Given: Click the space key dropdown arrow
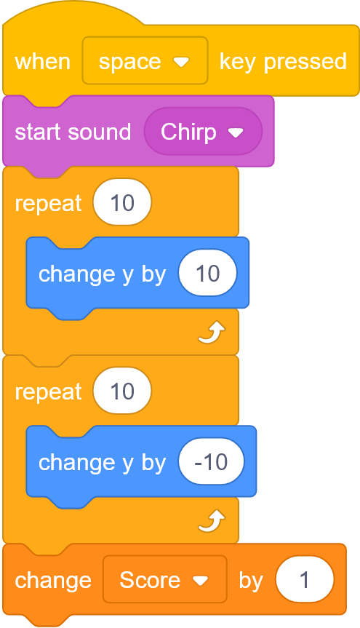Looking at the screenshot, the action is [x=181, y=62].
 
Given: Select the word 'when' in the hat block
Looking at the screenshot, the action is [x=42, y=62].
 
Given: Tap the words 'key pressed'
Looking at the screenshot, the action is [x=283, y=62].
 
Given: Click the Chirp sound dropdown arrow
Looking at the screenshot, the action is [x=236, y=132].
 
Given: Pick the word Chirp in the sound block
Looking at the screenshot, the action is [x=188, y=132].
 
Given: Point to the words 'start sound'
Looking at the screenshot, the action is [x=73, y=132].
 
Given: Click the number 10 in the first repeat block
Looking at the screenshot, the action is [x=122, y=202].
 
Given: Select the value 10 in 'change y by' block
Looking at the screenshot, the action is [x=208, y=274].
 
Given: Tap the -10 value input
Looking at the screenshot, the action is [x=212, y=462].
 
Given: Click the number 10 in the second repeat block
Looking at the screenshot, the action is [x=122, y=391].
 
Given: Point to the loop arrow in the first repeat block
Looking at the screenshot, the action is [x=212, y=333].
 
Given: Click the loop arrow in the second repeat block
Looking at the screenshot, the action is [x=212, y=520].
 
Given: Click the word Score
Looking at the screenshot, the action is [x=150, y=580].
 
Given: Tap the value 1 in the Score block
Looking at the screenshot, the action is [x=304, y=579].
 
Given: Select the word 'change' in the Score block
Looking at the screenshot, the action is [x=53, y=581].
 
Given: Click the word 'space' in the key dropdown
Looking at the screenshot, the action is [x=129, y=63].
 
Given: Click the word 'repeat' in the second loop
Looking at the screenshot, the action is [x=49, y=391].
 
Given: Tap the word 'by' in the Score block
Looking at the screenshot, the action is [x=251, y=581].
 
